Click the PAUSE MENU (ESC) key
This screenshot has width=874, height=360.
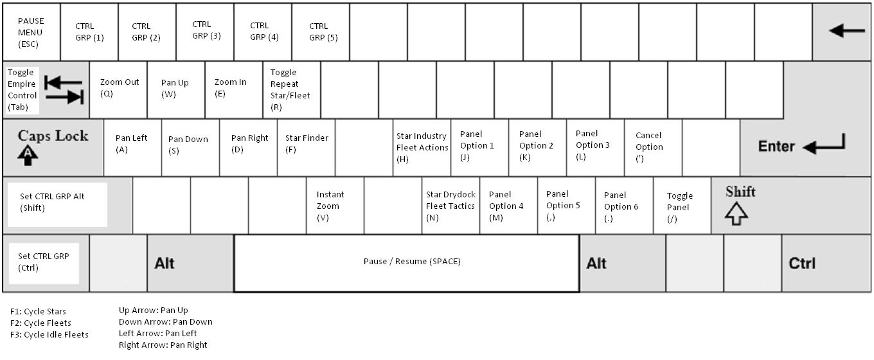pos(31,32)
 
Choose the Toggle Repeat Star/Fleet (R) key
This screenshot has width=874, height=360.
pos(291,90)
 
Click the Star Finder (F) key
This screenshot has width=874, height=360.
pos(307,147)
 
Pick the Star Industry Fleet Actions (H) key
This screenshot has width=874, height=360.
pos(422,147)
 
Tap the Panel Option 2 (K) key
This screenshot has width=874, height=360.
pos(537,147)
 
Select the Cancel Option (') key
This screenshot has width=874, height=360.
pos(652,147)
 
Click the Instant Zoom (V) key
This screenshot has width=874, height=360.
pos(335,206)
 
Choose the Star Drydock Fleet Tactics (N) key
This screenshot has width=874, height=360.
pos(450,206)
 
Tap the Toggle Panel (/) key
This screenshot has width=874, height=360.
pos(682,206)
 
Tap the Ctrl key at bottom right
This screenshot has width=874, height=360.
pos(826,264)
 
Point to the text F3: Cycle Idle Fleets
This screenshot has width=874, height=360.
pos(49,334)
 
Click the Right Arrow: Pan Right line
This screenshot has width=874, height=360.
pos(163,345)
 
